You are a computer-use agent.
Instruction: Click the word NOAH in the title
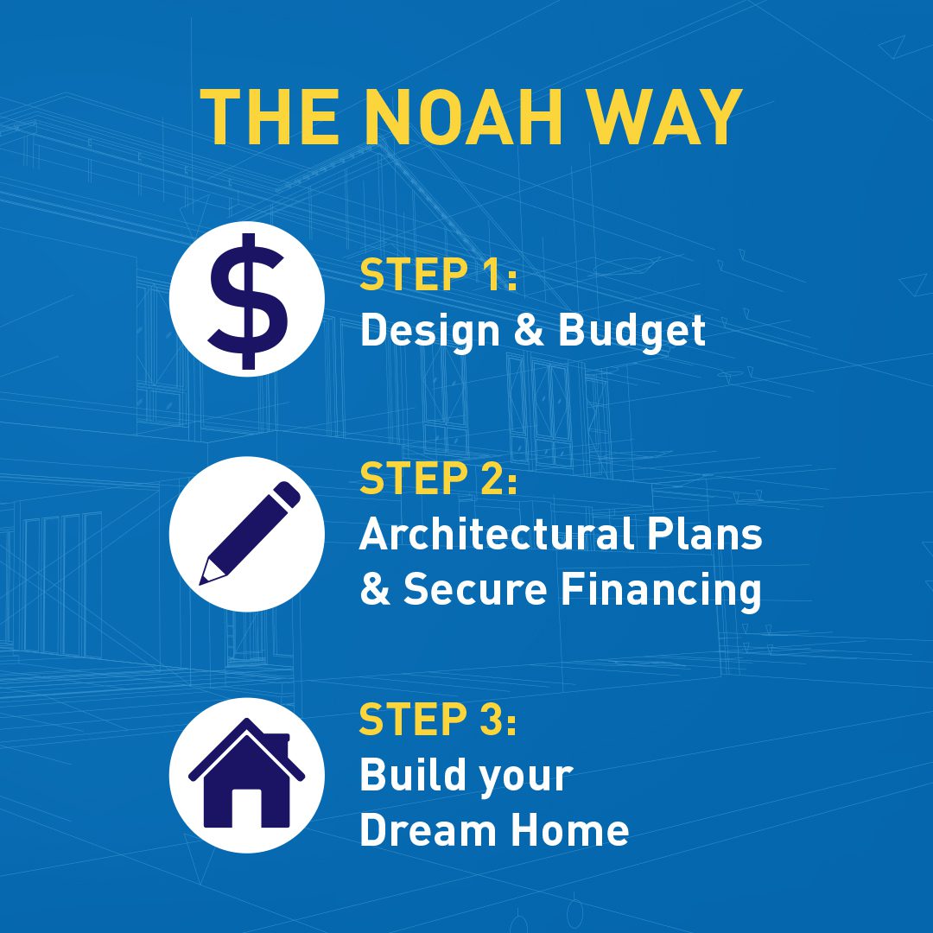pyautogui.click(x=462, y=117)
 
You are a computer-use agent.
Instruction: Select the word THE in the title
pyautogui.click(x=270, y=117)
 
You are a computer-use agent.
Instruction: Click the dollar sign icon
pyautogui.click(x=248, y=301)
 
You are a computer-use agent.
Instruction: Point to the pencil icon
pyautogui.click(x=250, y=533)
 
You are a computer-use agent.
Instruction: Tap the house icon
pyautogui.click(x=246, y=773)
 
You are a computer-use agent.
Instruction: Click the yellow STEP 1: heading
pyautogui.click(x=439, y=275)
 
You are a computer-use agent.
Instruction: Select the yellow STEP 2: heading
pyautogui.click(x=439, y=479)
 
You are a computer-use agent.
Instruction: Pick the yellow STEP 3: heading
pyautogui.click(x=438, y=718)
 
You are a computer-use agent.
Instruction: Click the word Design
pyautogui.click(x=430, y=331)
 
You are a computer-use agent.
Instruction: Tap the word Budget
pyautogui.click(x=632, y=331)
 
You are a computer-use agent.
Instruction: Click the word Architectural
pyautogui.click(x=495, y=534)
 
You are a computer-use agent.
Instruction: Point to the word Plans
pyautogui.click(x=705, y=534)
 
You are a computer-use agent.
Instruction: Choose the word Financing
pyautogui.click(x=662, y=590)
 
